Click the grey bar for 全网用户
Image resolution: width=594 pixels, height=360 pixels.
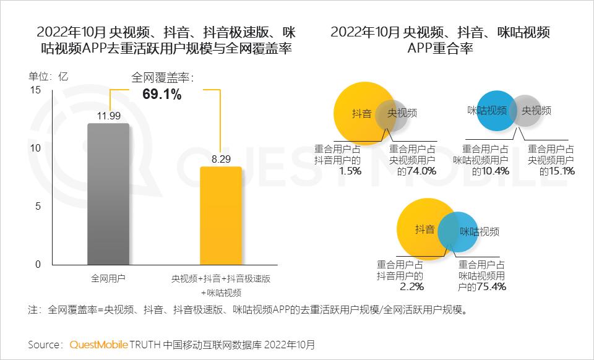[108, 194]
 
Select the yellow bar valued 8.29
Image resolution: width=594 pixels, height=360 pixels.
[220, 216]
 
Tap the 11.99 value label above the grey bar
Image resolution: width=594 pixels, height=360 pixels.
[108, 116]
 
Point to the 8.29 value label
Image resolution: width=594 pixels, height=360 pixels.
[221, 159]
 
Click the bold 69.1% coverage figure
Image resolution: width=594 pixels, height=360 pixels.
[162, 95]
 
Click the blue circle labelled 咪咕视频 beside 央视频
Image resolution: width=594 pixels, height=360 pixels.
[493, 111]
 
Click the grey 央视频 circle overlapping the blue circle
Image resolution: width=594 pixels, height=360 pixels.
[533, 111]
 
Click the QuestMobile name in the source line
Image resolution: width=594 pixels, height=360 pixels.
[98, 344]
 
